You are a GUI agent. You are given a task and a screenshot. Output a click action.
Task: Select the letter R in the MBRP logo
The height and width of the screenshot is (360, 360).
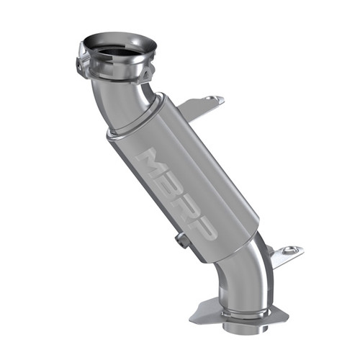[186, 202]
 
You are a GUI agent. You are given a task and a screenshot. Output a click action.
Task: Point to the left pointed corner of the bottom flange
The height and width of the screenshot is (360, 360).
[193, 318]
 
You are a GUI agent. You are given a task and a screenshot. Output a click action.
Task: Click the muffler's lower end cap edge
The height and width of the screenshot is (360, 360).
[238, 248]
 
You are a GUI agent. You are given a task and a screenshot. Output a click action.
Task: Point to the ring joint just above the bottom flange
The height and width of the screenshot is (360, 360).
[241, 306]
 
